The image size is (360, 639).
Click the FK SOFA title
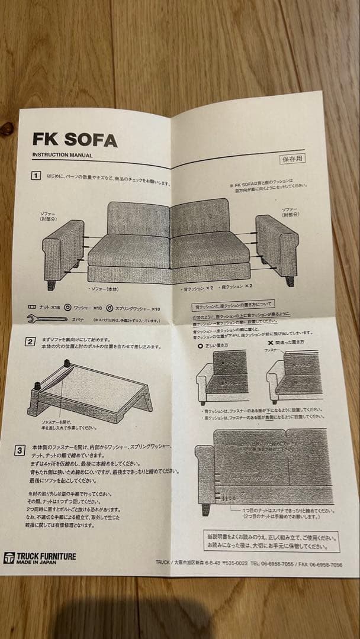click(x=75, y=139)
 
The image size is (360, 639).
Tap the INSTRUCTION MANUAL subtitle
click(x=62, y=156)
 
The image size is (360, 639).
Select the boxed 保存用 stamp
click(x=292, y=159)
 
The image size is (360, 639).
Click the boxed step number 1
click(x=36, y=176)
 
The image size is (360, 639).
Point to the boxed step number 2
click(x=29, y=341)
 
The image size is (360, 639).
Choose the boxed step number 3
click(x=20, y=451)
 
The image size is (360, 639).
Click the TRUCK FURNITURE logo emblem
click(x=9, y=558)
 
